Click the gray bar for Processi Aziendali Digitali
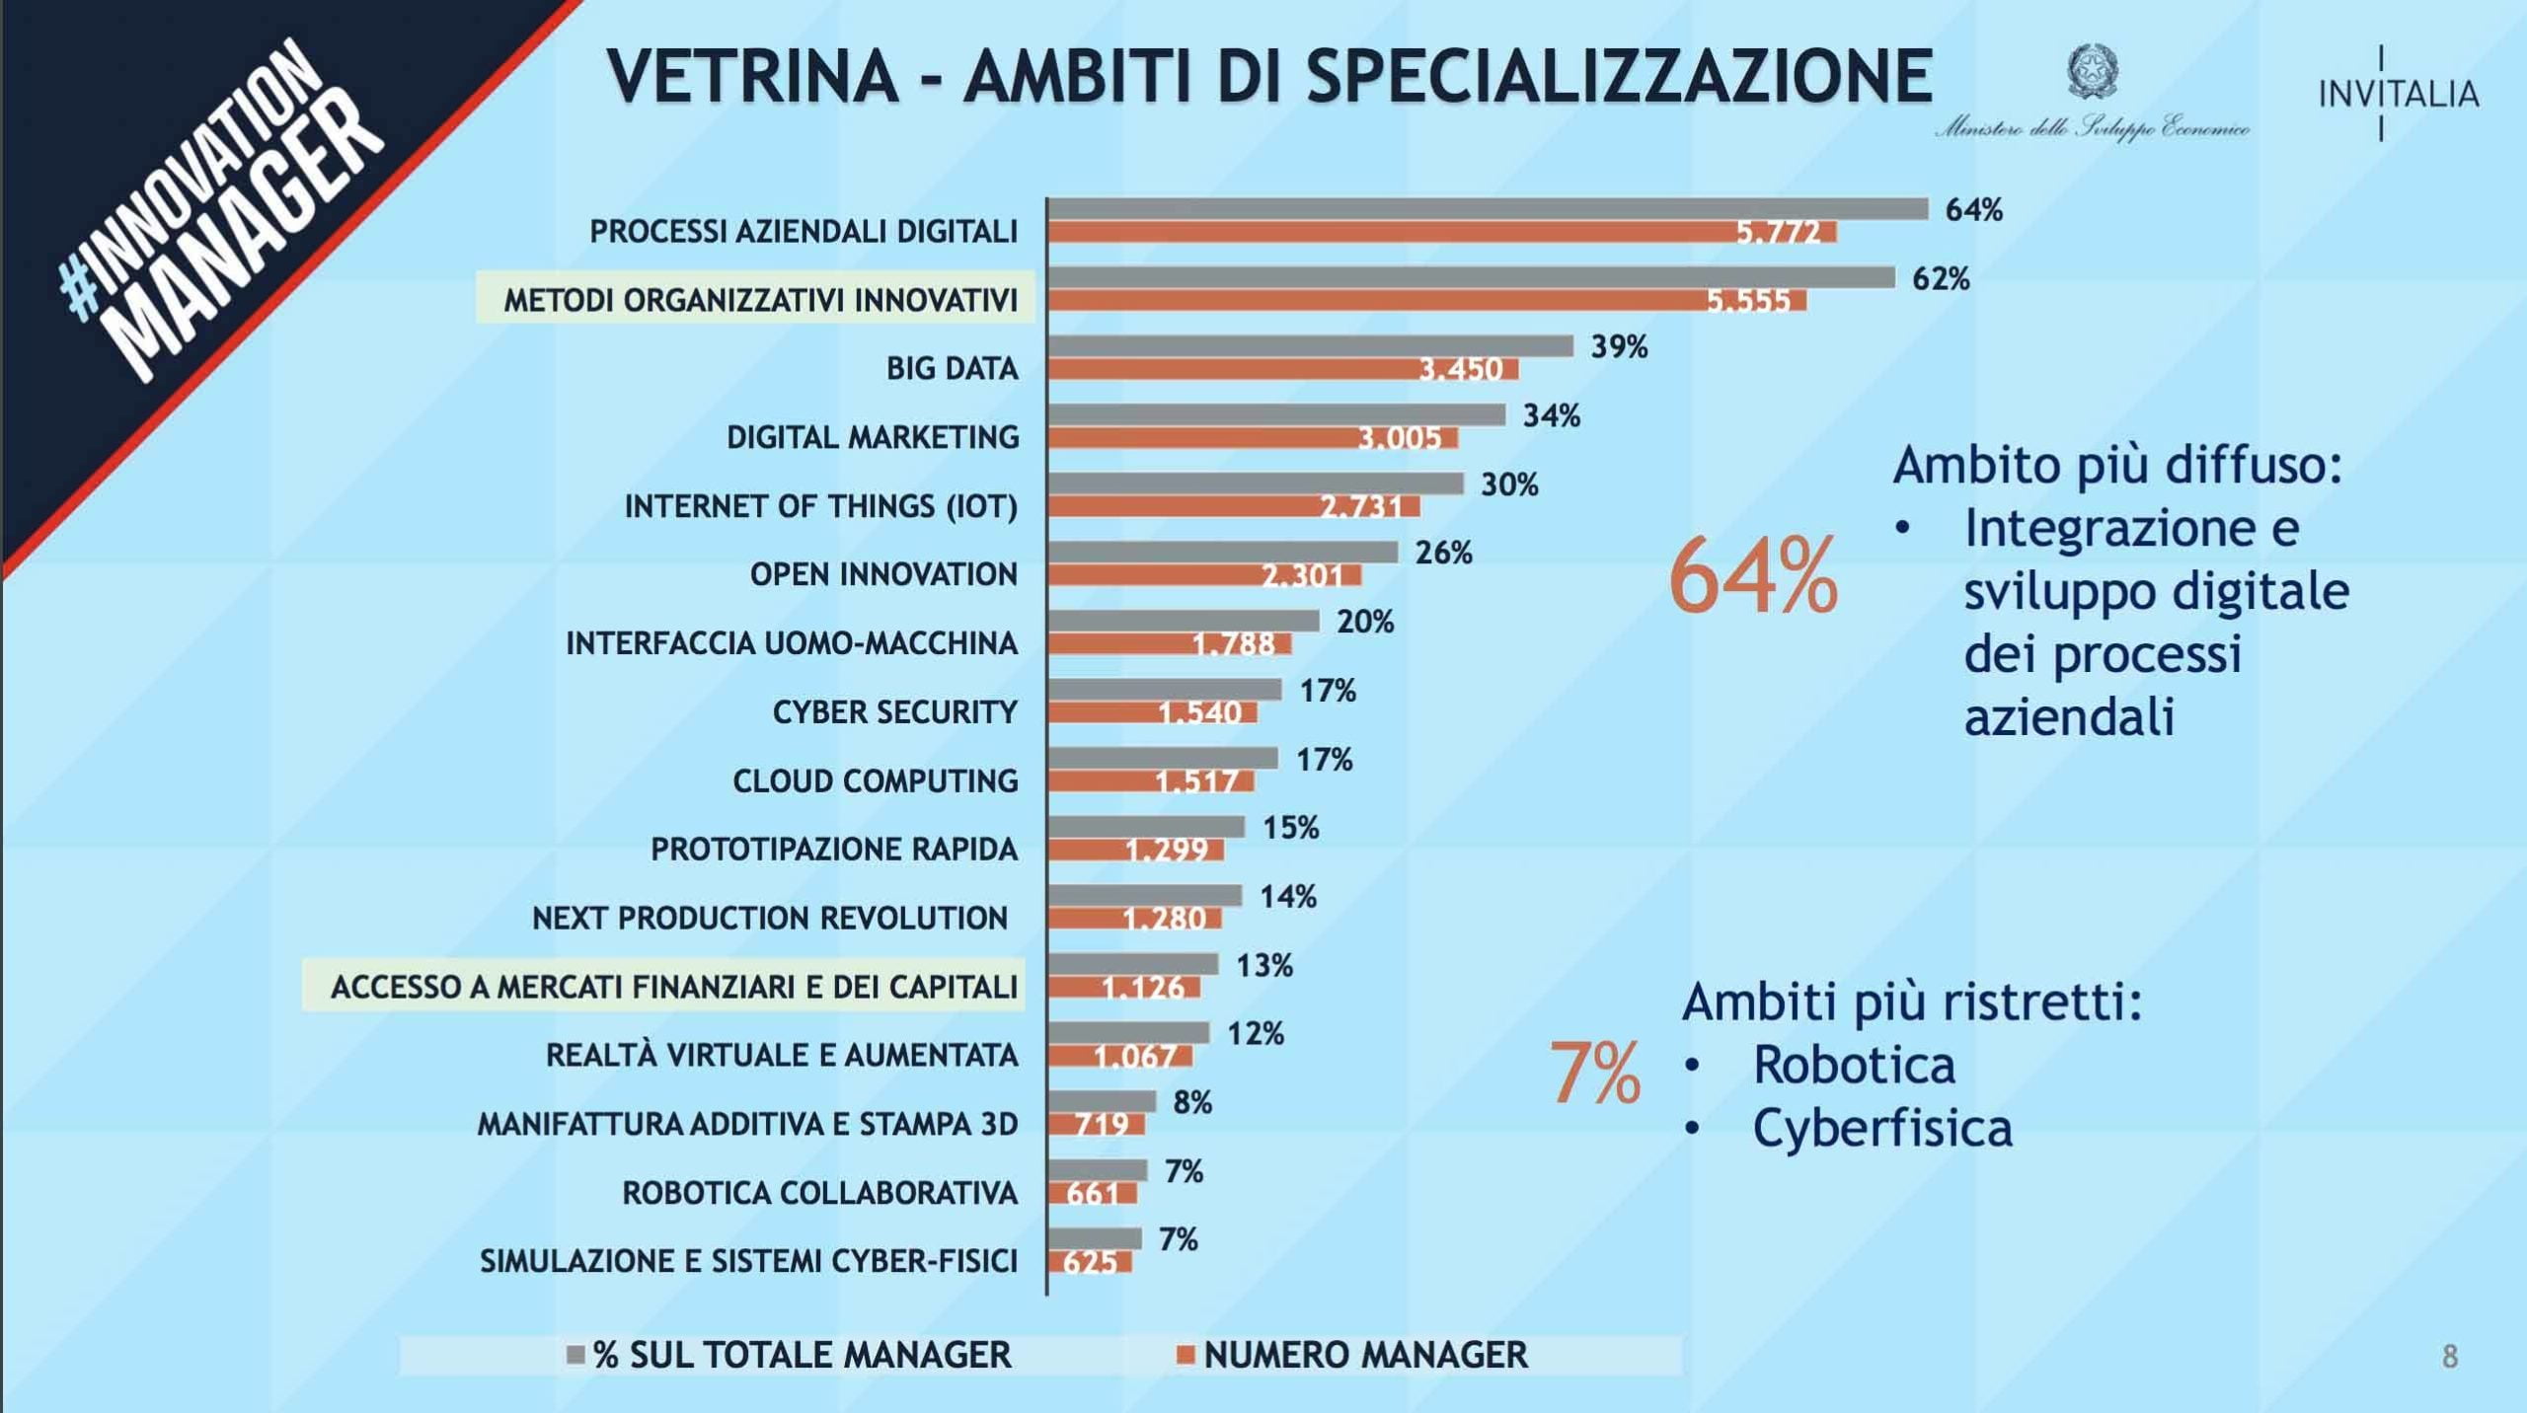(1487, 209)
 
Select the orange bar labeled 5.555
(1426, 301)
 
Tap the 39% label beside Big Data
(1619, 347)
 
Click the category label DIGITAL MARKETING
(873, 437)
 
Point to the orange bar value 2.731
(1361, 507)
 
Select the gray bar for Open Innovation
(1223, 553)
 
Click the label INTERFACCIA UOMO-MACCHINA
(791, 643)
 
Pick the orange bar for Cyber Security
(1152, 712)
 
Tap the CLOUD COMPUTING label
(875, 781)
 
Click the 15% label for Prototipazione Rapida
(1290, 828)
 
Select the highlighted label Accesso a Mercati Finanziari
(673, 987)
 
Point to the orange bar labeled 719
(1096, 1124)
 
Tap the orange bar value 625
(1090, 1262)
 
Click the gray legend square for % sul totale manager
(575, 1355)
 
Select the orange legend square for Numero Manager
(1186, 1355)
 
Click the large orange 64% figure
(1753, 576)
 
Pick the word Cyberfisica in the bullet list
(1881, 1128)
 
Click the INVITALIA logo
(2398, 94)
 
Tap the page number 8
(2450, 1357)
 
